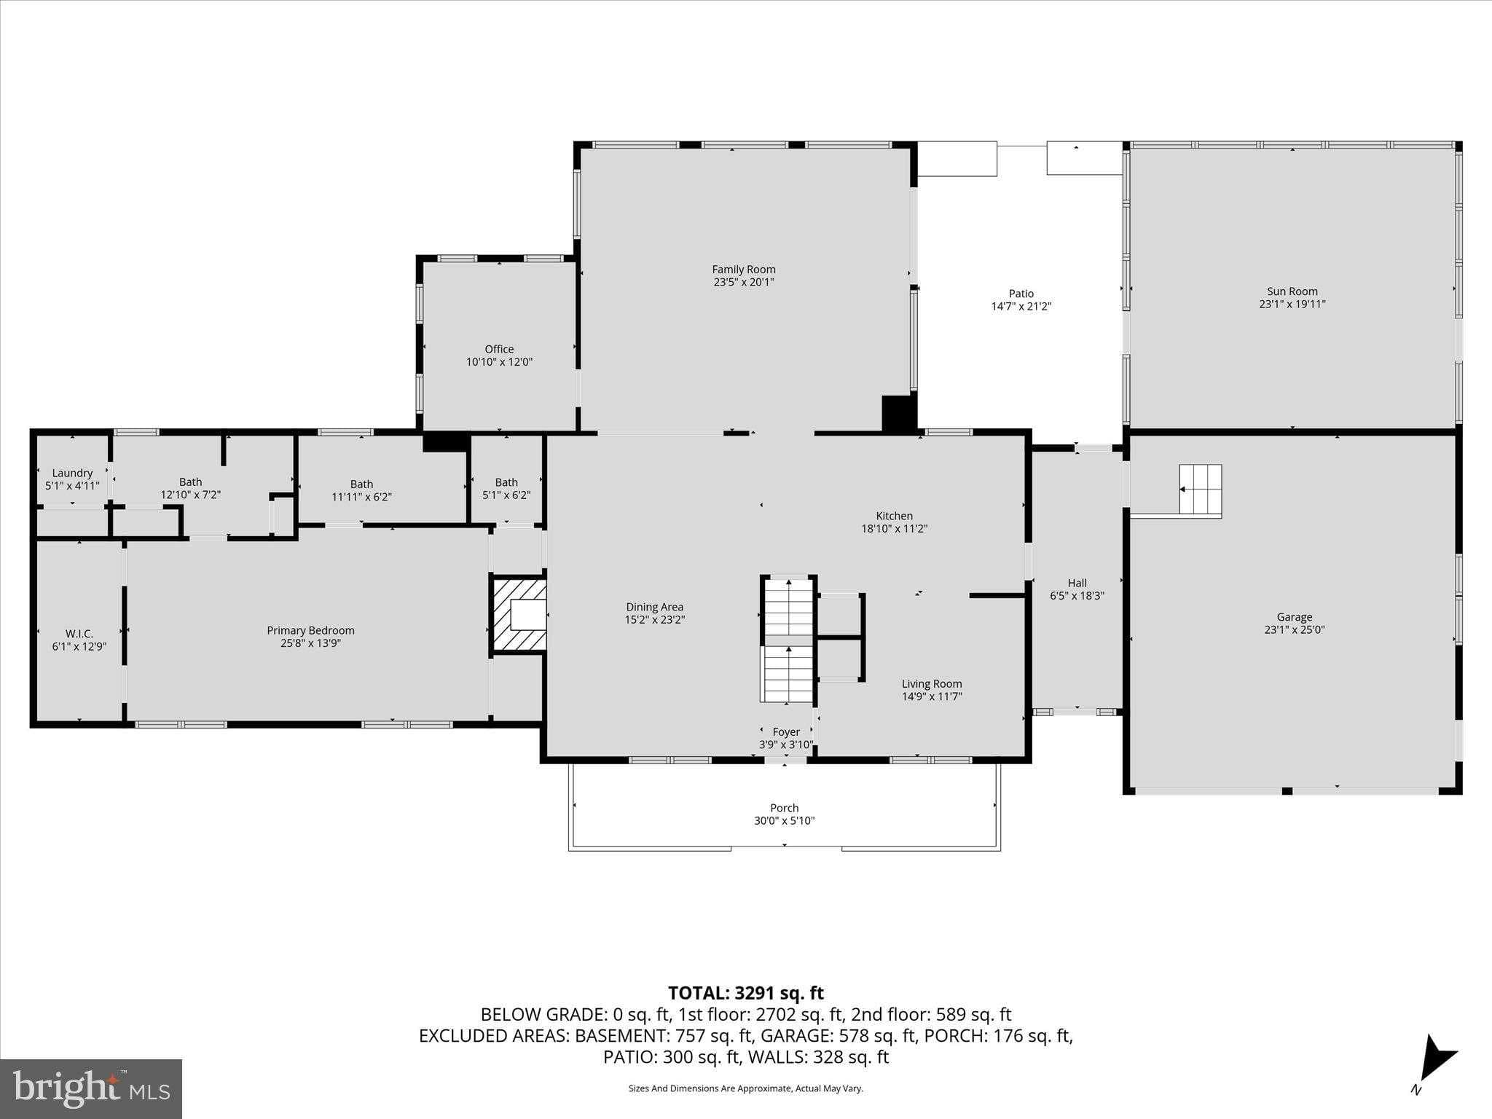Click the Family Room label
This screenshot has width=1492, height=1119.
(x=743, y=270)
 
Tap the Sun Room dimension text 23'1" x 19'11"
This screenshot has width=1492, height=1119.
(x=1292, y=305)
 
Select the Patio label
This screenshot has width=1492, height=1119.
(x=1021, y=294)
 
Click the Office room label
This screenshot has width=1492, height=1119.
(x=499, y=349)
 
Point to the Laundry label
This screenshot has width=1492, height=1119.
(x=72, y=473)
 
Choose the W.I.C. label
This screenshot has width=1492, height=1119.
(x=79, y=634)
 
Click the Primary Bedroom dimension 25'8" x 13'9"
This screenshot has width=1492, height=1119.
(x=310, y=643)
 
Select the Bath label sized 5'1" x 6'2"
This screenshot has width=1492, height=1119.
(x=506, y=482)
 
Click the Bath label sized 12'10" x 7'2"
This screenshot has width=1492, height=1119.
(x=190, y=482)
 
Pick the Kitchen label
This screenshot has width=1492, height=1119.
(x=894, y=516)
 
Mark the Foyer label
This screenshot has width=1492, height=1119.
(x=786, y=731)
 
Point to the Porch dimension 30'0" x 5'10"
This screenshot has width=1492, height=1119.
(x=784, y=820)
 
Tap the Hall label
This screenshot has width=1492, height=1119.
(x=1077, y=583)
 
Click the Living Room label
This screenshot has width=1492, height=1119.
(x=932, y=683)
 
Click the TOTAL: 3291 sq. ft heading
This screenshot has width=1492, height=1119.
(x=745, y=993)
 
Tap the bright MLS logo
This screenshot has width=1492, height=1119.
(x=91, y=1088)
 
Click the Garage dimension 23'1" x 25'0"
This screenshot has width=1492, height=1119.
(x=1294, y=629)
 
